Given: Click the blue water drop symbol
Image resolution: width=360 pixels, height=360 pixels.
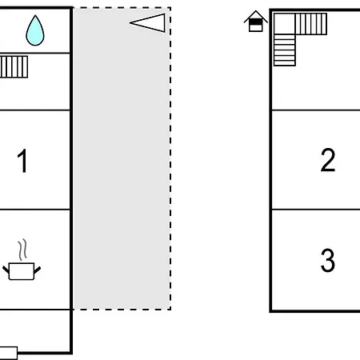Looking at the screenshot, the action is click(35, 30).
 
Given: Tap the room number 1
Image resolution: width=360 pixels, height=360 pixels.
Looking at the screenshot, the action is click(22, 161).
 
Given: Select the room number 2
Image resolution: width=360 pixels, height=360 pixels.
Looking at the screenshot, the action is click(328, 160).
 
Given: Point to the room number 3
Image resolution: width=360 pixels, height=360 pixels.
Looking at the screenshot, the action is click(328, 260).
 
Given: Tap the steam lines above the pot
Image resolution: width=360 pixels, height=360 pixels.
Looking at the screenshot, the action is click(22, 250).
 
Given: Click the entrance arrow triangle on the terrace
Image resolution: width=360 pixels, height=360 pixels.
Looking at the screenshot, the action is click(147, 23).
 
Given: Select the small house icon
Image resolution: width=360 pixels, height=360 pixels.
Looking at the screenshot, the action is click(256, 22).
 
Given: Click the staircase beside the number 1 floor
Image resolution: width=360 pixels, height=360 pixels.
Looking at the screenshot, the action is click(14, 66).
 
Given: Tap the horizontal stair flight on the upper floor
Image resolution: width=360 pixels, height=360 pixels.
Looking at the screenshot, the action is click(311, 24).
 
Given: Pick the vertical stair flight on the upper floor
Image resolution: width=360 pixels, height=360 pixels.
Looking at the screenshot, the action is click(285, 50).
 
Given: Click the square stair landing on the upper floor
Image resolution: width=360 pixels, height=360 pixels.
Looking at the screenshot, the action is click(285, 24).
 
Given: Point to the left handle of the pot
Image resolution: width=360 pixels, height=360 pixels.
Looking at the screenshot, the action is click(6, 270).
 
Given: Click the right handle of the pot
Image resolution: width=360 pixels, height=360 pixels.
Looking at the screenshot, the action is click(38, 270).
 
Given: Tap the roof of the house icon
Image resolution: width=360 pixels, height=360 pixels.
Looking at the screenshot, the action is click(256, 17).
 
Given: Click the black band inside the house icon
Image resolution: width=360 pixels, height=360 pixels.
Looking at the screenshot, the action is click(256, 22).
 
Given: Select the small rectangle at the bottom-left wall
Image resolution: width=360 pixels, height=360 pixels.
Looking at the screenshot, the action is click(9, 354).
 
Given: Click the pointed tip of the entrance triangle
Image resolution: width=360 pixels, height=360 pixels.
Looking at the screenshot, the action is click(130, 23).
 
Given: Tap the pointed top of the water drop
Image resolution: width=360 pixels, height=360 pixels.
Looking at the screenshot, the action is click(35, 16).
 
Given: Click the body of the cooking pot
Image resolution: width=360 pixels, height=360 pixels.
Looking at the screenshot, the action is click(22, 271).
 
